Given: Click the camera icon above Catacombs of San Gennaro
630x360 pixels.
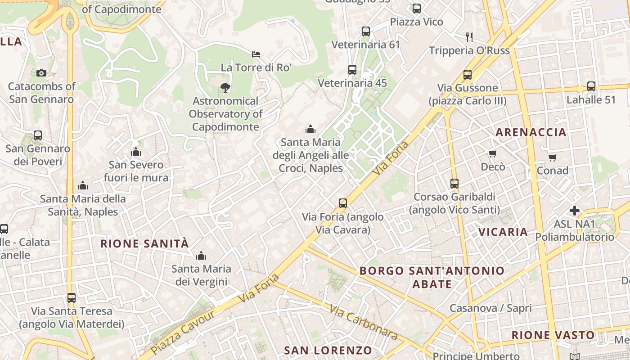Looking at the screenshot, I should point(41,73).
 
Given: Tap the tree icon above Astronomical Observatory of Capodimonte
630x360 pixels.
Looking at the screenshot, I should point(225,88).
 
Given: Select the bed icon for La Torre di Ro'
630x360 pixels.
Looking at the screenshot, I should point(256,54).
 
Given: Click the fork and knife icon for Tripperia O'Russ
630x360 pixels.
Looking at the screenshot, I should point(469,37).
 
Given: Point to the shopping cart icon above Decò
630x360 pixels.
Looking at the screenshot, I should point(493,153).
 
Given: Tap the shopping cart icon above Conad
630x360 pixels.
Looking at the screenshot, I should point(552,157).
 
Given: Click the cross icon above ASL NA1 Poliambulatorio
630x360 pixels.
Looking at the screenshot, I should point(574,211).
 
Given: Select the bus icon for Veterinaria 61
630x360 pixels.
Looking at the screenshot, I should point(365,31).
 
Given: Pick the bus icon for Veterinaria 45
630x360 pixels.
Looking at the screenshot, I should point(352,70).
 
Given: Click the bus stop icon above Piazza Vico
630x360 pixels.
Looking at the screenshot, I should point(416,9).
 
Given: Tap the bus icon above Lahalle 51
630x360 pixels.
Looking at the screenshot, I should point(591,86).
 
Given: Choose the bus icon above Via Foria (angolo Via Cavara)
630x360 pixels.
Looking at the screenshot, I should point(343,203).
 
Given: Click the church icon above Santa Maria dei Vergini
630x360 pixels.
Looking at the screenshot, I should point(201,256).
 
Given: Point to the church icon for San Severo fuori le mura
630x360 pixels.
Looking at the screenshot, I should point(136,152).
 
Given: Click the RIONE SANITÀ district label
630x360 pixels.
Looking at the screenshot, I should point(144,244).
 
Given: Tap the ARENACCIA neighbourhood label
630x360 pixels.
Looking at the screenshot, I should point(531,132).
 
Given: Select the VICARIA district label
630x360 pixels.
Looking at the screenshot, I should point(503,232).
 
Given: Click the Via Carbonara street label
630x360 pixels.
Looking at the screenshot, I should point(363,322).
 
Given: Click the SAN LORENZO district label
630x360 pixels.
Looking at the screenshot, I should point(328,350).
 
